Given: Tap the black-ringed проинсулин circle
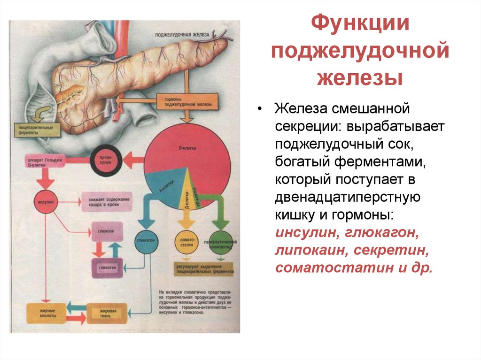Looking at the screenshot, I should [x=106, y=161].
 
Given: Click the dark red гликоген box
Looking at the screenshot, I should [x=107, y=267].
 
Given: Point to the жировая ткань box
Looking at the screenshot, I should [x=107, y=313].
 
